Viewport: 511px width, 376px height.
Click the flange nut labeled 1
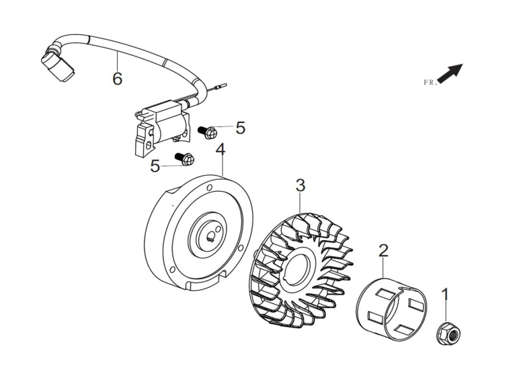coord(448,336)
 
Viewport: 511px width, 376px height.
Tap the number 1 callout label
coord(444,294)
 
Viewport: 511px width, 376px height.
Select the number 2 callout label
coord(383,250)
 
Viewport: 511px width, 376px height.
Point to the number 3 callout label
coord(301,185)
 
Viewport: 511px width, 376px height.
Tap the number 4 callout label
coord(221,150)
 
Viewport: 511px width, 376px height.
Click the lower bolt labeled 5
coord(185,158)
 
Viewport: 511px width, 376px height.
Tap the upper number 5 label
coord(241,128)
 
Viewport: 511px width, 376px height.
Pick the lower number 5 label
coord(155,166)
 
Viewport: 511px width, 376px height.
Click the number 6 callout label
coord(117,79)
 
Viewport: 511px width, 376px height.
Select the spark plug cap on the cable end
coord(58,64)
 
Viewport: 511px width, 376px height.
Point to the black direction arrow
coord(450,73)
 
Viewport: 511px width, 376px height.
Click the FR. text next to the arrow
coord(430,83)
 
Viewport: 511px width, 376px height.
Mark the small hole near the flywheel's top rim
coord(210,187)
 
